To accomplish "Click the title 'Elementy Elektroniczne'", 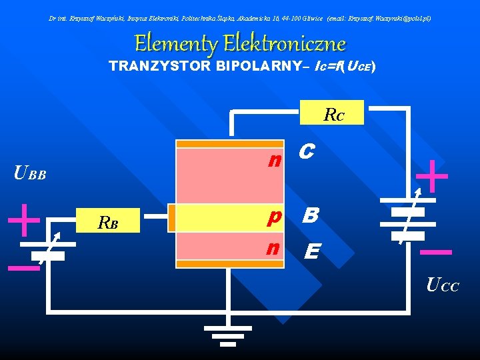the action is (x=240, y=44).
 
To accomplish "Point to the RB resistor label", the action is (x=108, y=222).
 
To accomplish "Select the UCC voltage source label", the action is (x=442, y=287).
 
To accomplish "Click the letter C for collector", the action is (x=306, y=153).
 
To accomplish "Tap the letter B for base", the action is (x=310, y=215).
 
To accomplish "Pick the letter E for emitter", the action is (x=311, y=251).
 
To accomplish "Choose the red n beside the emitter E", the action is (x=272, y=247).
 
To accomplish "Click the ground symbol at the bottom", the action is (x=227, y=333).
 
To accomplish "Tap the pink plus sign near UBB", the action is (x=25, y=219).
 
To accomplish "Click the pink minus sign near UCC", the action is (x=437, y=252).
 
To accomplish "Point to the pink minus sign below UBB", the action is (x=23, y=268).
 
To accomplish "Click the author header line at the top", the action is (x=240, y=18).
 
